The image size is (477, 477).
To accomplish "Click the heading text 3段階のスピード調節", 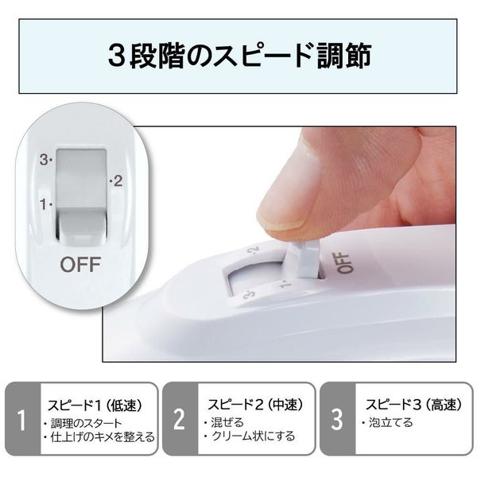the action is pyautogui.click(x=240, y=56).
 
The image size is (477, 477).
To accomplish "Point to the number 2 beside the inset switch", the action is pyautogui.click(x=118, y=181).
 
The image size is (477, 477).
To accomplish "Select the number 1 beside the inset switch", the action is pyautogui.click(x=44, y=204).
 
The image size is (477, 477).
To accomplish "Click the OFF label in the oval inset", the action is pyautogui.click(x=80, y=265).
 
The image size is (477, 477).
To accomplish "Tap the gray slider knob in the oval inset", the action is pyautogui.click(x=81, y=195).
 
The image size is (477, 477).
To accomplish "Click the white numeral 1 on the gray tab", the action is pyautogui.click(x=21, y=420).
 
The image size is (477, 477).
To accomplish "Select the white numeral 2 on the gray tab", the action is pyautogui.click(x=180, y=420).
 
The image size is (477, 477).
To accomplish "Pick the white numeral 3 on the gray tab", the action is pyautogui.click(x=337, y=420).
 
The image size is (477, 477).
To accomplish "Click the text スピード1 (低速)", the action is pyautogui.click(x=95, y=405).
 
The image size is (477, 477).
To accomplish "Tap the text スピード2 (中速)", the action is pyautogui.click(x=255, y=405).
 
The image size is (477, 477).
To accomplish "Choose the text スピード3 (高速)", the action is pyautogui.click(x=413, y=405).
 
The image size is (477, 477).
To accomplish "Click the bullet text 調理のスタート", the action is pyautogui.click(x=86, y=423).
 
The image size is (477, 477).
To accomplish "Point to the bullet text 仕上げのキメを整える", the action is pyautogui.click(x=103, y=436).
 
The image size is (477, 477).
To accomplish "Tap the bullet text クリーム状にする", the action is pyautogui.click(x=253, y=436).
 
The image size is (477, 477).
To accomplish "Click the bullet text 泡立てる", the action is pyautogui.click(x=390, y=422).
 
